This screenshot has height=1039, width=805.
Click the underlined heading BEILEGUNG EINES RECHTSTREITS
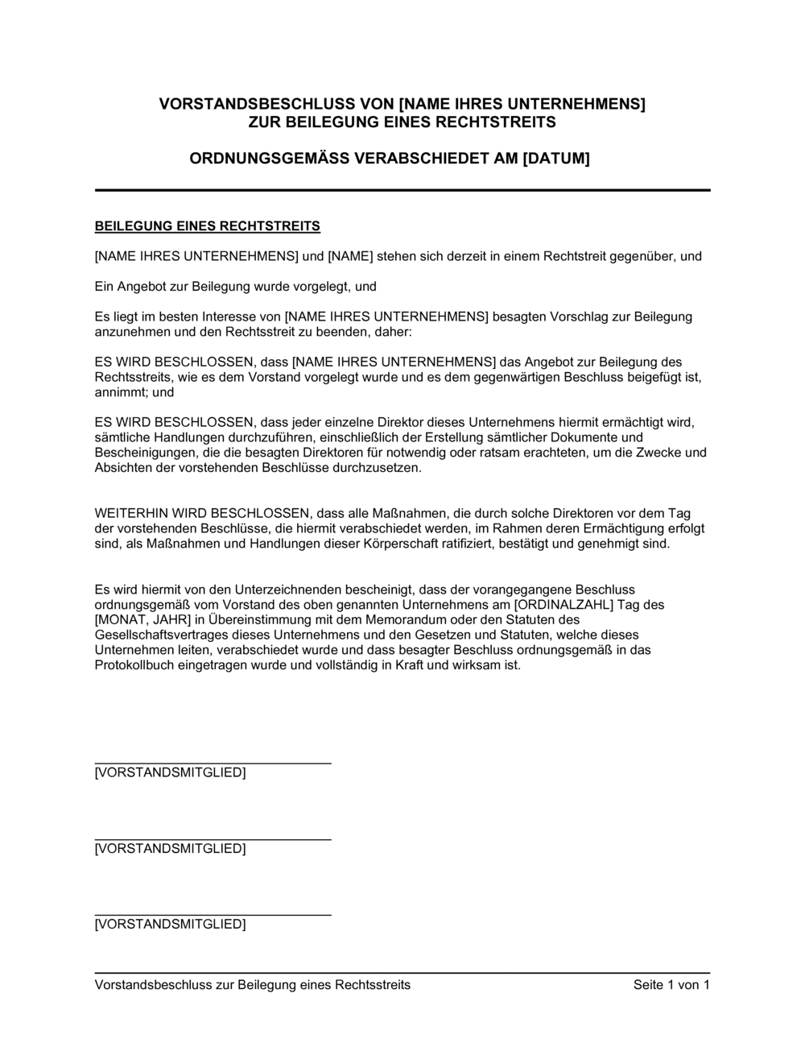(208, 226)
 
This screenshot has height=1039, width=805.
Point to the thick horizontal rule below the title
(402, 190)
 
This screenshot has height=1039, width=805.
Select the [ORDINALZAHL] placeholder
(560, 604)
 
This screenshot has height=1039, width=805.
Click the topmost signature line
(213, 763)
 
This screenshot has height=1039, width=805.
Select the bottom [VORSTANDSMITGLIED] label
(170, 925)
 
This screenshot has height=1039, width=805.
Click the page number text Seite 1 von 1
(671, 985)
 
